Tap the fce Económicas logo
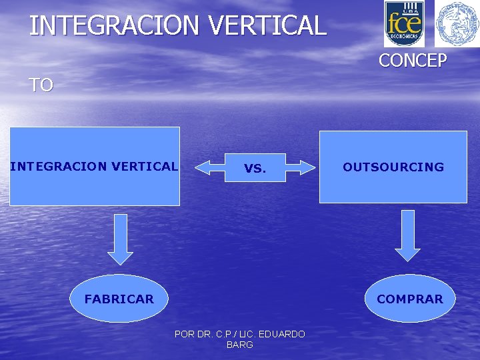click(x=404, y=24)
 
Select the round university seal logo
click(x=457, y=24)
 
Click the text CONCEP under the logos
click(x=413, y=61)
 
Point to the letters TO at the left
click(x=41, y=85)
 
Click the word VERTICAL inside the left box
click(x=145, y=166)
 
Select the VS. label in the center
click(x=255, y=169)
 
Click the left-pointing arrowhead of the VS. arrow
click(x=202, y=167)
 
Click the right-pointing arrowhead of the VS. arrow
click(x=307, y=167)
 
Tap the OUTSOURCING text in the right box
click(x=393, y=167)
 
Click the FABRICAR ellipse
click(x=119, y=299)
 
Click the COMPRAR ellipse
click(x=410, y=299)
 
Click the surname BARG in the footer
click(x=240, y=345)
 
